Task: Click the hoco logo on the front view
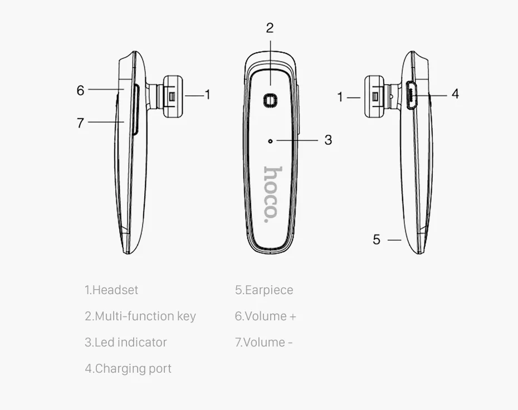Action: tap(272, 194)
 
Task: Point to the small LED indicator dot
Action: tap(270, 141)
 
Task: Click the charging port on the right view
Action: tap(411, 96)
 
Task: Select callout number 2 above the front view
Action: tap(270, 28)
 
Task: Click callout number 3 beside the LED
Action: tap(328, 140)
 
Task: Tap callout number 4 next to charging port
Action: tap(455, 94)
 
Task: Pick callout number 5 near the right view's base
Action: tap(377, 240)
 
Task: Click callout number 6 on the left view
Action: tap(80, 90)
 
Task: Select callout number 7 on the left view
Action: tap(80, 123)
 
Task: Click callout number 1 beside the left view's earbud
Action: tap(208, 95)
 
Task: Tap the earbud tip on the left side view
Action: tap(173, 96)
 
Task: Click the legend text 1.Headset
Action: tap(111, 290)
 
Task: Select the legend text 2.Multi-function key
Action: tap(140, 316)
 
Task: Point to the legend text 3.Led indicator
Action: tap(126, 343)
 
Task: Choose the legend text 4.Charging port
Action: tap(128, 369)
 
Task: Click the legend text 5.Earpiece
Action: tap(264, 290)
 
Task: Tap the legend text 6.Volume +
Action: tap(266, 316)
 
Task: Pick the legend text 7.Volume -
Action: tap(264, 343)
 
